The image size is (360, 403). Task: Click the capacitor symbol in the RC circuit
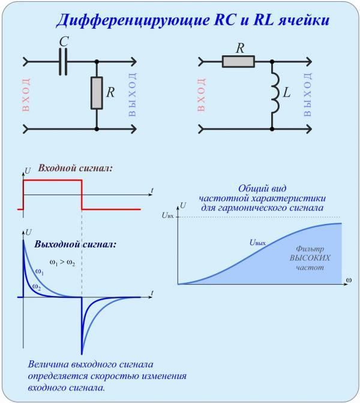coord(63,62)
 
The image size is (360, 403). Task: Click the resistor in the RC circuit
coord(97,92)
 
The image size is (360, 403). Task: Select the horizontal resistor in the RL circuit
coord(238,62)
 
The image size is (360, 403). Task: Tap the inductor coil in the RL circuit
coord(275,92)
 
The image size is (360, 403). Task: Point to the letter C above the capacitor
coord(64,41)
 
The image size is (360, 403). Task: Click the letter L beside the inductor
coord(287,92)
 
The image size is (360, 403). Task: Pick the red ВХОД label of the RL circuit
coord(202,94)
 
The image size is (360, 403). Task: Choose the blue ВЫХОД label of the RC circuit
coord(132,94)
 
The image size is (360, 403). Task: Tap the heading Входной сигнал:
coord(76,168)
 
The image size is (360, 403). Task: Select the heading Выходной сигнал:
coord(76,244)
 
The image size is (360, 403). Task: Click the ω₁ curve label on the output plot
coord(39,271)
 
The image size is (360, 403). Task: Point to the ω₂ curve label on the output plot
coord(37,287)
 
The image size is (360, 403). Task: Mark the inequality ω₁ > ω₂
coord(62,262)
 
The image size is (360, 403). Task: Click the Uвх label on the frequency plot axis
coord(167,216)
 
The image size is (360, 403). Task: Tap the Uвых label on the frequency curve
coord(257,243)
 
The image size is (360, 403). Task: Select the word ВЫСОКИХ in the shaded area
coord(310,258)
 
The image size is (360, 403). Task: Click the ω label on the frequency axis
coord(349,280)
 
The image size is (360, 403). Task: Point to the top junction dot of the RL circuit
coord(272,62)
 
